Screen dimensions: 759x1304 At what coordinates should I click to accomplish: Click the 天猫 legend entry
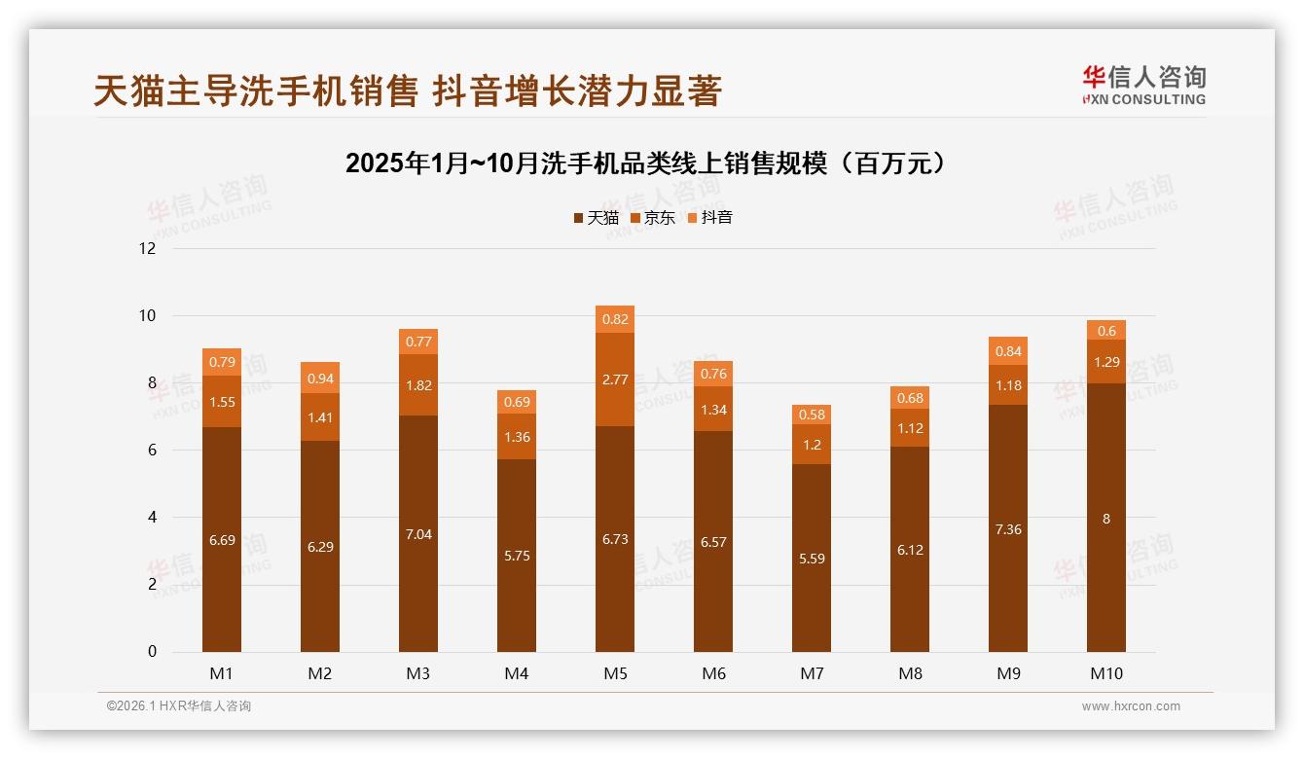[x=597, y=218]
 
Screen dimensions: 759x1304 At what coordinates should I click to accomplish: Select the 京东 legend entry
[x=653, y=218]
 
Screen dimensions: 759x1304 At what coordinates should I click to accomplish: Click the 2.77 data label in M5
[x=615, y=379]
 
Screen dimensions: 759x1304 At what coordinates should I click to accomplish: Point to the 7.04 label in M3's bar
[x=418, y=535]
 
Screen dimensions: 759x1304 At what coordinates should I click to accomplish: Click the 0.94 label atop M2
[x=320, y=378]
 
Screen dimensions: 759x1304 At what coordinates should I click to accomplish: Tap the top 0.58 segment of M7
[x=812, y=415]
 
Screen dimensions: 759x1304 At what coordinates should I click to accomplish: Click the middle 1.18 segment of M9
[x=1008, y=385]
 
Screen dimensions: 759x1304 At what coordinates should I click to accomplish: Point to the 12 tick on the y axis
[x=148, y=248]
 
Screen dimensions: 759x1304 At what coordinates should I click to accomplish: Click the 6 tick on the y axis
[x=152, y=451]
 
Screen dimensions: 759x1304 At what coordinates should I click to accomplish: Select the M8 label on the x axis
[x=910, y=673]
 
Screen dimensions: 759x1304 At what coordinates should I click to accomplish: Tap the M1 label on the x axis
[x=221, y=673]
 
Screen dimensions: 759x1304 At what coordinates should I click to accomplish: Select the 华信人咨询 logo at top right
[x=1143, y=85]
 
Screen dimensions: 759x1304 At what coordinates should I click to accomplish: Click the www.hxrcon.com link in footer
[x=1131, y=706]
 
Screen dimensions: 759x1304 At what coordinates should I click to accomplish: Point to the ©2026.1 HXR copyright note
[x=179, y=706]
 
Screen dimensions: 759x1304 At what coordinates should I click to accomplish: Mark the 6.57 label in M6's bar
[x=713, y=542]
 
